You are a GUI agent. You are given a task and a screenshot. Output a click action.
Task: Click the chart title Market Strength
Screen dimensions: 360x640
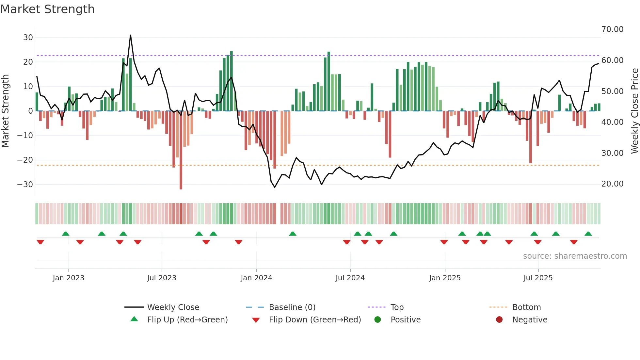point(47,9)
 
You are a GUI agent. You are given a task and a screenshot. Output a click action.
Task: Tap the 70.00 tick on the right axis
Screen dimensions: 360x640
point(612,29)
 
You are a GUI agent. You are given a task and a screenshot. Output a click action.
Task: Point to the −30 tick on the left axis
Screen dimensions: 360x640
point(25,185)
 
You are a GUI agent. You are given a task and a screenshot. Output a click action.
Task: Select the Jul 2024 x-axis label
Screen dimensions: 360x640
point(350,278)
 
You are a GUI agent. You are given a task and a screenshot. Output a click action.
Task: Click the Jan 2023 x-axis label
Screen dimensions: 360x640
point(68,278)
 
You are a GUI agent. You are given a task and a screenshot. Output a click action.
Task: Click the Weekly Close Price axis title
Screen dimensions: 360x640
point(634,111)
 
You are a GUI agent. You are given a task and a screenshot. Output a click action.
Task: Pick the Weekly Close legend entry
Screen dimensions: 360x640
point(173,307)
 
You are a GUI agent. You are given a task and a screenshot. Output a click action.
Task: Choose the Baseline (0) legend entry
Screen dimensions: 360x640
point(292,307)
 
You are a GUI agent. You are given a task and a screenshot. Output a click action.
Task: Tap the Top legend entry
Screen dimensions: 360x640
point(397,307)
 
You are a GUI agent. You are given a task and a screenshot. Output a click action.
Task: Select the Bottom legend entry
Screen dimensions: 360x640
point(526,307)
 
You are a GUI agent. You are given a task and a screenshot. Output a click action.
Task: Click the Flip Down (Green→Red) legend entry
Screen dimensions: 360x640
point(314,320)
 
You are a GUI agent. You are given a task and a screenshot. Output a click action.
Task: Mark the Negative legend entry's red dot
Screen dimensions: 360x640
point(499,319)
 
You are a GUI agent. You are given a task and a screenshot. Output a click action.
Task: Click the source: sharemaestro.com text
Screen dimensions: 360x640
point(575,256)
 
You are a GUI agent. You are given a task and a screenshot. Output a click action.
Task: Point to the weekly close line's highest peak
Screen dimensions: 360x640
point(130,35)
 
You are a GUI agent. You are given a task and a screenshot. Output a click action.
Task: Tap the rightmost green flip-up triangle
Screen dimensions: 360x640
point(588,234)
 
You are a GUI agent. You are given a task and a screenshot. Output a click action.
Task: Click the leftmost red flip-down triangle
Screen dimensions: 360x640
point(40,242)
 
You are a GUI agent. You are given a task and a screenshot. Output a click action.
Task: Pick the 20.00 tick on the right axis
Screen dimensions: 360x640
point(612,184)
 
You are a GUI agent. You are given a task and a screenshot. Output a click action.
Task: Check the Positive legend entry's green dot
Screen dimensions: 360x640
point(377,319)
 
